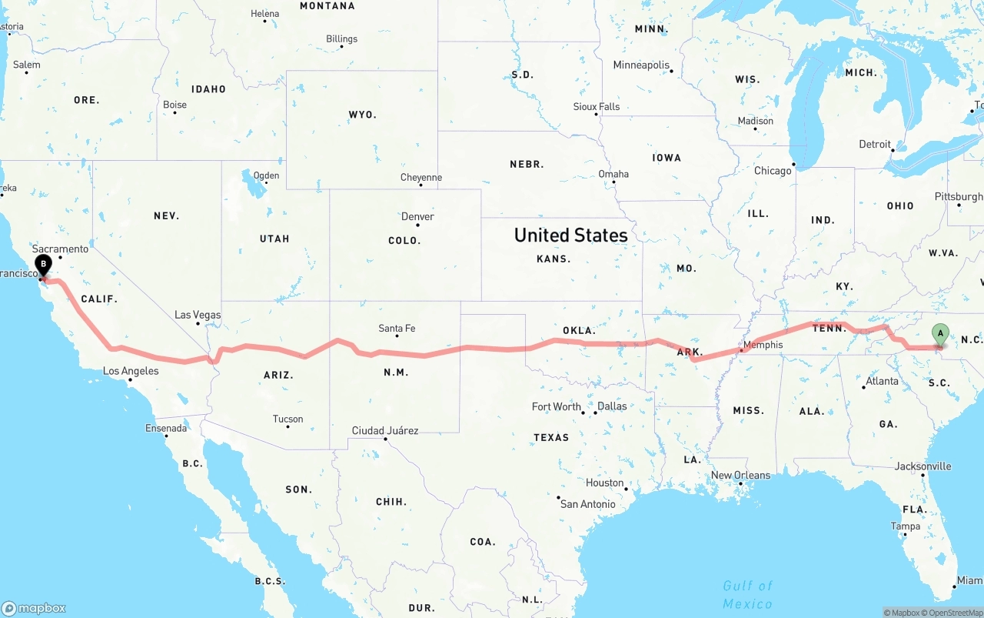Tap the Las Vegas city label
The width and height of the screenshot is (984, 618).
click(x=198, y=315)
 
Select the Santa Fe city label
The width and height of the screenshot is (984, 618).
click(x=397, y=329)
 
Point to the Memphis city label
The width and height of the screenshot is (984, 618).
click(x=763, y=345)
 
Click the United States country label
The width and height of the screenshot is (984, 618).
click(x=570, y=235)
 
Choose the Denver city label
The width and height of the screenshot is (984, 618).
click(x=417, y=216)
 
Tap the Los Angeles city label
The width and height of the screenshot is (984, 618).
click(x=131, y=371)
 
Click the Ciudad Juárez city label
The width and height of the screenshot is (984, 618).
click(x=384, y=430)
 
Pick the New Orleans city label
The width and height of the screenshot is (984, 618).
click(x=740, y=475)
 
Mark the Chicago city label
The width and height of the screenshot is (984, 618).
click(x=773, y=171)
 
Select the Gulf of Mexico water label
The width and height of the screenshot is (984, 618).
click(x=747, y=595)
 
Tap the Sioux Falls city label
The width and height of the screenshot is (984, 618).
click(x=597, y=106)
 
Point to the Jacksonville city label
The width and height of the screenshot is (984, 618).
click(x=922, y=466)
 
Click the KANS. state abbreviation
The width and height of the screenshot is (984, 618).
click(x=553, y=259)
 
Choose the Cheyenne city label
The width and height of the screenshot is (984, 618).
click(x=421, y=178)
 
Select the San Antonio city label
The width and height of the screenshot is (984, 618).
click(x=587, y=504)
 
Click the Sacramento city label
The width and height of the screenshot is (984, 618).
click(x=60, y=249)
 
